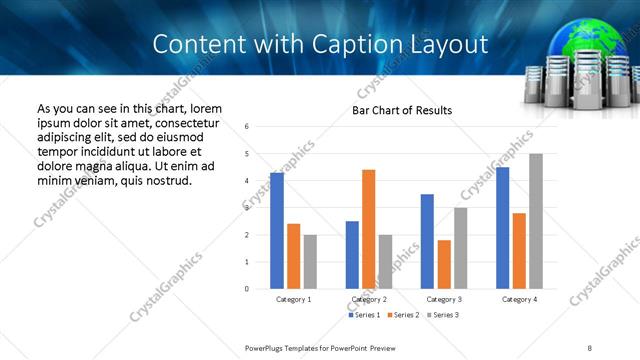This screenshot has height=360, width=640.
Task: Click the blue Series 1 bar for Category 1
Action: (x=277, y=231)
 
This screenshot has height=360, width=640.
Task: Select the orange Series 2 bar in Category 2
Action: (x=368, y=229)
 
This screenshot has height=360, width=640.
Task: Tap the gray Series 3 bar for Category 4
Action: (x=536, y=221)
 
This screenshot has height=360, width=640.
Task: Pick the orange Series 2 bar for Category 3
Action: (x=444, y=264)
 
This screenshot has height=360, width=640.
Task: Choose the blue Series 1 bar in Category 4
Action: (x=502, y=228)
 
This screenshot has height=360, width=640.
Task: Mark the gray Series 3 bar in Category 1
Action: (x=310, y=262)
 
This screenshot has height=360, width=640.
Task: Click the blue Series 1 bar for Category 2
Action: (x=352, y=255)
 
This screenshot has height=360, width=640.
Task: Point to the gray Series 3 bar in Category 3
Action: (x=460, y=248)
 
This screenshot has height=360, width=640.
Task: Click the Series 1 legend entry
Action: (x=365, y=315)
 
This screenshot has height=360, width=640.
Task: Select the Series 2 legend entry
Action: (x=403, y=315)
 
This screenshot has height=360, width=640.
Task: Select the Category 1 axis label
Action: (x=293, y=299)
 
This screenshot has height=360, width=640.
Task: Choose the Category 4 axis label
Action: (x=519, y=299)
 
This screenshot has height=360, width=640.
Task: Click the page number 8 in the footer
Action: (x=590, y=347)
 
